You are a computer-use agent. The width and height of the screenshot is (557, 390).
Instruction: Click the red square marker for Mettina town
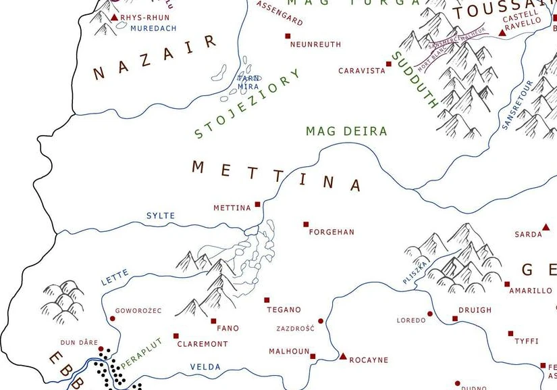pyautogui.click(x=257, y=204)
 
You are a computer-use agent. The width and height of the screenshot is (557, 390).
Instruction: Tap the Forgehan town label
pyautogui.click(x=331, y=233)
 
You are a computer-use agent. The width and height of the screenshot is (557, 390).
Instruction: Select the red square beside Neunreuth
pyautogui.click(x=288, y=36)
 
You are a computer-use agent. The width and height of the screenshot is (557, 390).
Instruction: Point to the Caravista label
pyautogui.click(x=361, y=71)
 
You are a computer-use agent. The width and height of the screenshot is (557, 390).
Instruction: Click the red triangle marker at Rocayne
pyautogui.click(x=343, y=356)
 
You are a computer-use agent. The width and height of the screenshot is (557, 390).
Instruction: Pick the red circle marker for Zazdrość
pyautogui.click(x=321, y=321)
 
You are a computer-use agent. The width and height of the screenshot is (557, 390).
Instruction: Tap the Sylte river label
pyautogui.click(x=161, y=216)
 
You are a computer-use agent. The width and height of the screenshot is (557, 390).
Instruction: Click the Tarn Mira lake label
pyautogui.click(x=248, y=82)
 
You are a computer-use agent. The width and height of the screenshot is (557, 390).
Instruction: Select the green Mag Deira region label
pyautogui.click(x=346, y=132)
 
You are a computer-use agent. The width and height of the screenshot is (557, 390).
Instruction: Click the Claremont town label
pyautogui.click(x=203, y=344)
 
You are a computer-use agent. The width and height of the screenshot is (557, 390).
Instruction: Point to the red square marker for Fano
pyautogui.click(x=213, y=321)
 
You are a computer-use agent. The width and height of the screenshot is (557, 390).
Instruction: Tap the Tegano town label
pyautogui.click(x=284, y=310)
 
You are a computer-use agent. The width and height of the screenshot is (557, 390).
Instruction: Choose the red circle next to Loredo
pyautogui.click(x=430, y=314)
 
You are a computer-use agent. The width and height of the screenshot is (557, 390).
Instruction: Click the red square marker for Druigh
pyautogui.click(x=455, y=318)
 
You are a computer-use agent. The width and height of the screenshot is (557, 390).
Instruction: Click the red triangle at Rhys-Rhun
pyautogui.click(x=114, y=17)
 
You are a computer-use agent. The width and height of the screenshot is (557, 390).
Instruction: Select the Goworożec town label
pyautogui.click(x=138, y=311)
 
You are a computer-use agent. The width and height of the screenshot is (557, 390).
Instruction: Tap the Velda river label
pyautogui.click(x=205, y=367)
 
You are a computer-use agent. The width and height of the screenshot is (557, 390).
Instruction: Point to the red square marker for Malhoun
pyautogui.click(x=313, y=356)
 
